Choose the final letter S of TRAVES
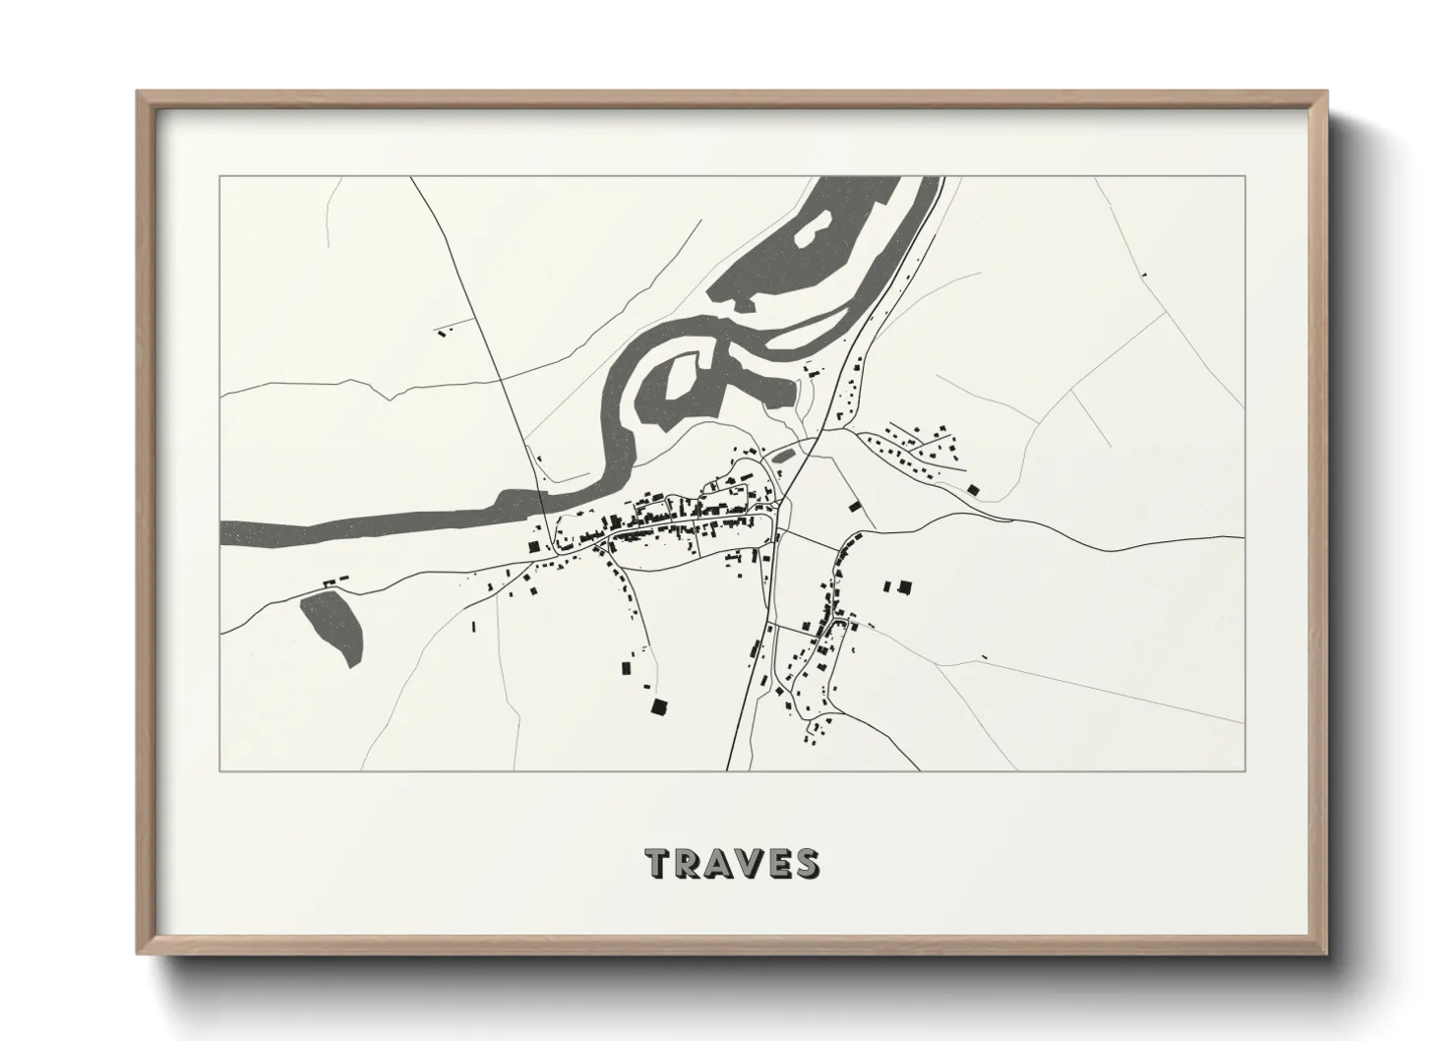coord(810,863)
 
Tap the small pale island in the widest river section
coord(811,232)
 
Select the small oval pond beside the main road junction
coord(784,454)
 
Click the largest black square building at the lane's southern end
coord(657,706)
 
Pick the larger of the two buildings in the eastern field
coord(905,587)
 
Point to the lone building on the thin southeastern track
coord(982,657)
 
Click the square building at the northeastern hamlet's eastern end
coord(973,489)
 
